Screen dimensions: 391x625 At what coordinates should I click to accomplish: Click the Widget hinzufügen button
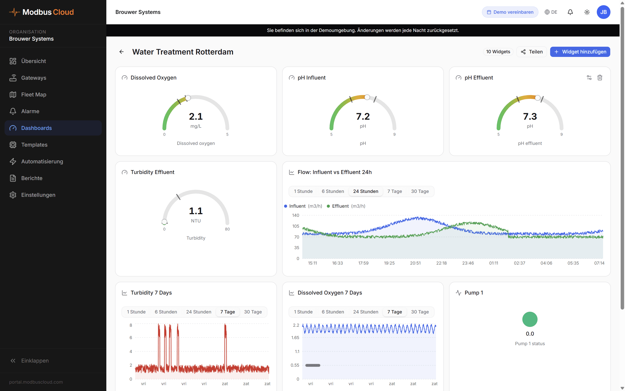580,52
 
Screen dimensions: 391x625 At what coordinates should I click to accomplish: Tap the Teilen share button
531,52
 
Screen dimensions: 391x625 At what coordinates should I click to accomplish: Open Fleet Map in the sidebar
34,95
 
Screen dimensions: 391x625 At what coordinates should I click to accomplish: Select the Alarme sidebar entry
30,111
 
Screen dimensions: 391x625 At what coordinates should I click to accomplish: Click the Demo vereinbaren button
510,12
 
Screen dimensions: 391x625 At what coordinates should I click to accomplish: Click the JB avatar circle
603,12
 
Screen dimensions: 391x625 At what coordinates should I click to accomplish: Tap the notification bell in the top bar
570,12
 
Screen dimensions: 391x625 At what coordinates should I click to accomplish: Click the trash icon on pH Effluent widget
600,78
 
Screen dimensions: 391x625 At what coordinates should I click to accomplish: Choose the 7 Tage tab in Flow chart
394,191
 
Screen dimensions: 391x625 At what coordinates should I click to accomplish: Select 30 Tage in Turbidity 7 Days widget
253,312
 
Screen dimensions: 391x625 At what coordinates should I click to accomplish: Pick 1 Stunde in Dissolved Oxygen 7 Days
303,312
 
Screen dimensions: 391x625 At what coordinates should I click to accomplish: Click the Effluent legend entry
340,206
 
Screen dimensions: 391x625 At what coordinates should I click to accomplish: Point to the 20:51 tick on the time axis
415,263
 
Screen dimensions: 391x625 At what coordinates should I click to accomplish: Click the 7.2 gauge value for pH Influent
363,116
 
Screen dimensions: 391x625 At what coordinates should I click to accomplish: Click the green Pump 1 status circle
530,319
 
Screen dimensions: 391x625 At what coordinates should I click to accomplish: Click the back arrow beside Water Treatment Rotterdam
121,52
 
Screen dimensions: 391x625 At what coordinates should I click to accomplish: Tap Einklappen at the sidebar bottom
35,361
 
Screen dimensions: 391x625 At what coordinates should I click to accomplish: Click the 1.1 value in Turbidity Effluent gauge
196,211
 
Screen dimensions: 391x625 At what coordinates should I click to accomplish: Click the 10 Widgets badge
498,52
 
